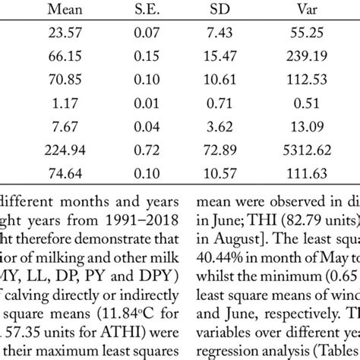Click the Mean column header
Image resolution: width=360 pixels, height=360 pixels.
pyautogui.click(x=61, y=11)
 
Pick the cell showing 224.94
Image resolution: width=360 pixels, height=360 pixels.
pyautogui.click(x=61, y=149)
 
